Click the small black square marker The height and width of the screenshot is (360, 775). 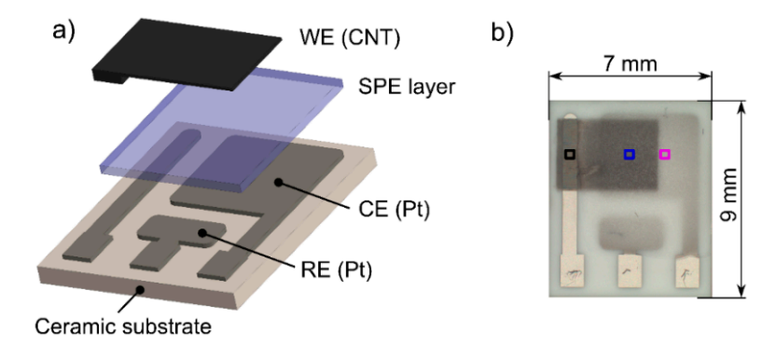[x=569, y=153]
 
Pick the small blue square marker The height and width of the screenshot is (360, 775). [x=630, y=154]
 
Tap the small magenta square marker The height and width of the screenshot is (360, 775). [x=665, y=154]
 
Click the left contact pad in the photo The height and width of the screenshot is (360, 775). [x=569, y=273]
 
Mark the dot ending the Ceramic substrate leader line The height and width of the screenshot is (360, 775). [x=140, y=290]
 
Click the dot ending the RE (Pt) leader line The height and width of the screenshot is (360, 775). [x=202, y=232]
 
